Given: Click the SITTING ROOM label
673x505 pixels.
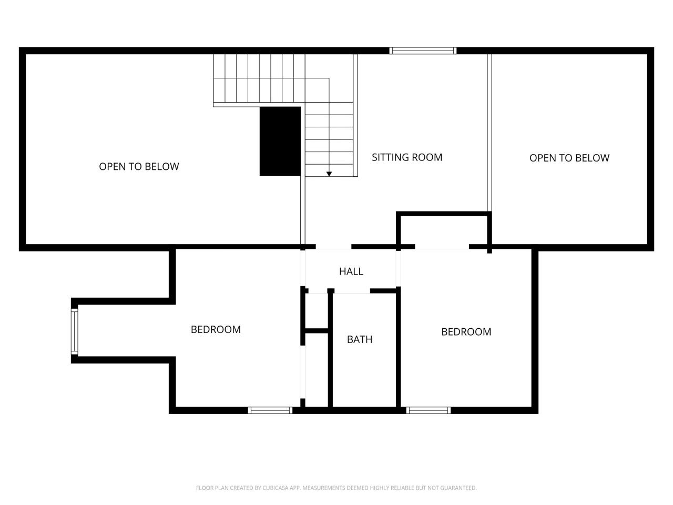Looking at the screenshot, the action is click(x=407, y=157).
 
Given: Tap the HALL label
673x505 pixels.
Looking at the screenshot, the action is click(x=351, y=271).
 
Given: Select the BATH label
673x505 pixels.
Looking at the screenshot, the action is click(x=360, y=339).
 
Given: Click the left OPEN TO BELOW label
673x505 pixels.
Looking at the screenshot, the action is click(x=139, y=167).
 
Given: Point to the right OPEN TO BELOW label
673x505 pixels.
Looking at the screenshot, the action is click(x=569, y=158).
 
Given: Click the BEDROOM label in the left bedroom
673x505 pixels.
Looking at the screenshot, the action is click(x=216, y=329).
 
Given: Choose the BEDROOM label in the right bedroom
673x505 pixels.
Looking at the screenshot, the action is click(x=466, y=332).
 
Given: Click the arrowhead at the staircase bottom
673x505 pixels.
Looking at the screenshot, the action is click(x=329, y=174).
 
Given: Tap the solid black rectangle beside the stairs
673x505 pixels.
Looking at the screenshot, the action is click(x=280, y=142).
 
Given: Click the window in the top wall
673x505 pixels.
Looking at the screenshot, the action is click(x=423, y=50).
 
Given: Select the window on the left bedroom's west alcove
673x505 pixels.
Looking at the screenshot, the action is click(x=75, y=332).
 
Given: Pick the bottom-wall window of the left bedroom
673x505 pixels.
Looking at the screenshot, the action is click(x=270, y=410).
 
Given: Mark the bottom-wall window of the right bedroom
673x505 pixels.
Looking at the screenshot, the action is click(x=429, y=410).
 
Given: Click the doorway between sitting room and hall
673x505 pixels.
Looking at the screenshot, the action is click(x=333, y=247).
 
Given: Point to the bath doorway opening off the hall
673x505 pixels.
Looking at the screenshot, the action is click(x=352, y=291).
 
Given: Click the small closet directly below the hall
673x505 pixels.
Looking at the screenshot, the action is click(x=317, y=311).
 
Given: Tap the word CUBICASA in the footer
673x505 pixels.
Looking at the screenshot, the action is click(x=274, y=488).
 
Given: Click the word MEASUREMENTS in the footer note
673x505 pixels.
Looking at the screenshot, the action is click(x=324, y=488).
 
